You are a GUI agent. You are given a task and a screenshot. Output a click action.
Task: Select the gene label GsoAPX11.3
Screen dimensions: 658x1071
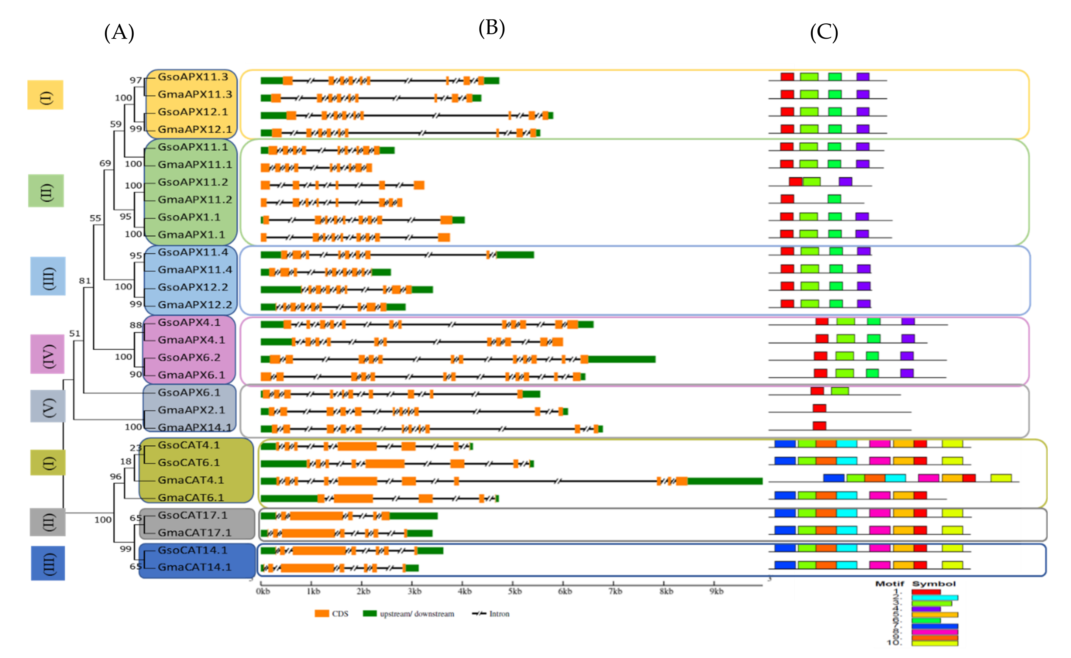point(193,77)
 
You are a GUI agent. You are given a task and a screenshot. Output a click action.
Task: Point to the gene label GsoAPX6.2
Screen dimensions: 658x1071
point(189,358)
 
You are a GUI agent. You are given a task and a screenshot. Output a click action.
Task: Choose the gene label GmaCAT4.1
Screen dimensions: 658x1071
point(191,480)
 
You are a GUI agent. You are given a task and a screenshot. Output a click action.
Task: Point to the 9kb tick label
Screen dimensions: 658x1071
point(716,591)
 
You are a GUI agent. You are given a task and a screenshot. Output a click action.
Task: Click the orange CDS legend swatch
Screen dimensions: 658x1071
point(322,614)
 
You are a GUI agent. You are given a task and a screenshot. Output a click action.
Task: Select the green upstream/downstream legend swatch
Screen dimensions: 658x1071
point(370,614)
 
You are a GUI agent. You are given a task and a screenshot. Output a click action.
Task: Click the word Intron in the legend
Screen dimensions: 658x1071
point(499,614)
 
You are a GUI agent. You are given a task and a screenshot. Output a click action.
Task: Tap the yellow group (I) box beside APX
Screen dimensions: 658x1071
point(45,95)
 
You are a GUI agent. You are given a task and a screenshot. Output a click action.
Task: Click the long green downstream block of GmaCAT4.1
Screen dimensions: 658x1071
point(725,481)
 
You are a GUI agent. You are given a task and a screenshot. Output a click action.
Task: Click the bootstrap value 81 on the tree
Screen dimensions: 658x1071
point(84,281)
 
